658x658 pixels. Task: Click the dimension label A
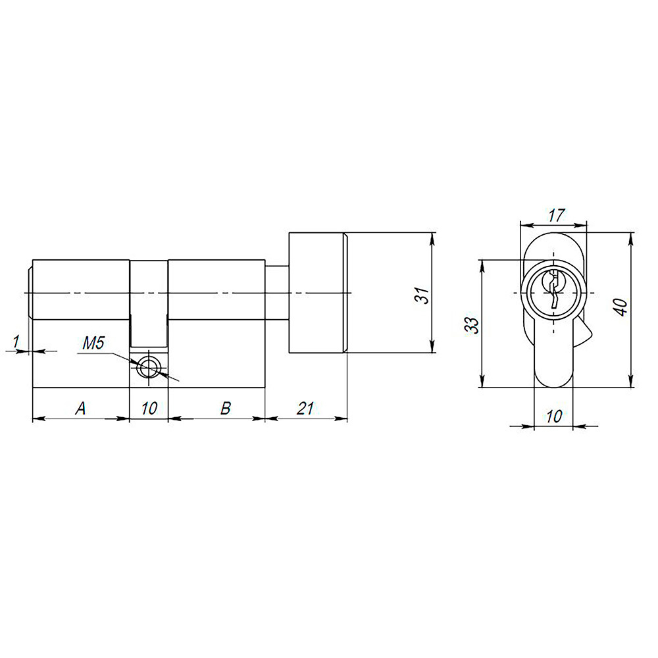81,409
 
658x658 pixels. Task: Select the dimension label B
225,409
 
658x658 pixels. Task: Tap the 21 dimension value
304,409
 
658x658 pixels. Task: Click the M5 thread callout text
93,343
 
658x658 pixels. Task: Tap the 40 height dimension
620,307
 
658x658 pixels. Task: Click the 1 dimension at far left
15,341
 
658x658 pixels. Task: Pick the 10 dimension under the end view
554,416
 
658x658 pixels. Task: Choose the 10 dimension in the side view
149,409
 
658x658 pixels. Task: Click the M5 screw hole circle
149,367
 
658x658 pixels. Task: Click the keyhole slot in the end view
554,290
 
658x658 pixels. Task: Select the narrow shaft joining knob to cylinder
276,293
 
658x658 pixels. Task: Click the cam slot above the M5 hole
149,303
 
